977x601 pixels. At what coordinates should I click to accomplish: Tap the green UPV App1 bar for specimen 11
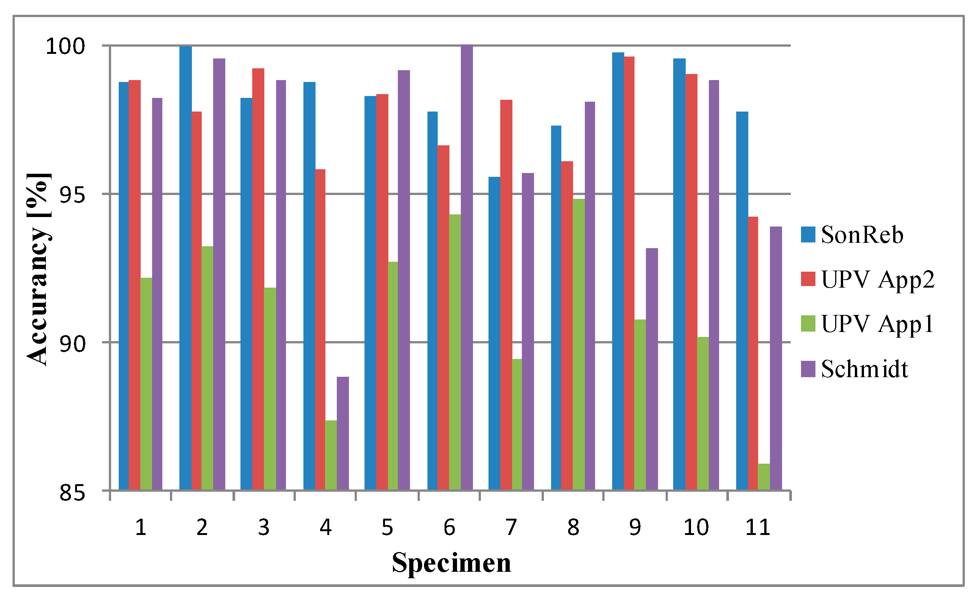coord(763,477)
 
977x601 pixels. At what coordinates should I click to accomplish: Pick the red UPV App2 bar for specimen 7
coord(506,294)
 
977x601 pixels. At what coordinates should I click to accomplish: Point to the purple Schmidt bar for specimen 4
coord(342,433)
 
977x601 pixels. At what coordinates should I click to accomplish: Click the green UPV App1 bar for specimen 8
coord(578,344)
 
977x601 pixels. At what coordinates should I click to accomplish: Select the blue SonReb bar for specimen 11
coord(742,300)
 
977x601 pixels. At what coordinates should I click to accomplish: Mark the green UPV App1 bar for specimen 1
coord(146,384)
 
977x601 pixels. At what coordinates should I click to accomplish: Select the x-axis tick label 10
coord(696,527)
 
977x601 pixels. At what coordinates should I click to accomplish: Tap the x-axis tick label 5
coord(387,527)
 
